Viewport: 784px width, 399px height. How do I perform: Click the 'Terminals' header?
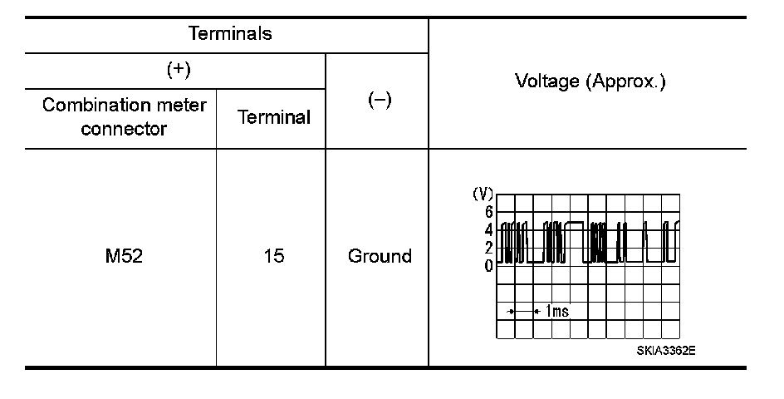pos(230,34)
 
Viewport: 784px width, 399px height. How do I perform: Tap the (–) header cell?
pos(379,101)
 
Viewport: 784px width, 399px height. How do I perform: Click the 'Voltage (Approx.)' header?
pos(590,82)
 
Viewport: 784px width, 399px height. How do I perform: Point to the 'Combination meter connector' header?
pos(125,117)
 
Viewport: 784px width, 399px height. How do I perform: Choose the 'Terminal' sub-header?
pos(274,117)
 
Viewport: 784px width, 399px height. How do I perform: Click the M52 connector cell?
pos(124,256)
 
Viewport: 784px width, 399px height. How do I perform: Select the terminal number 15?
pos(273,256)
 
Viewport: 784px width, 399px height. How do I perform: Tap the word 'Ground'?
pos(380,256)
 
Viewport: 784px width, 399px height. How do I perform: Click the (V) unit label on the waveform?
pos(483,194)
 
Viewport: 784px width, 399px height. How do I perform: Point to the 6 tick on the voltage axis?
pos(489,211)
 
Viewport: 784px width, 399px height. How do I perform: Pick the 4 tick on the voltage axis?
pos(489,229)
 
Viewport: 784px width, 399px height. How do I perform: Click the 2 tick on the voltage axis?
pos(489,248)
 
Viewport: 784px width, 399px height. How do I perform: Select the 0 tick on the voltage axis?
pos(489,265)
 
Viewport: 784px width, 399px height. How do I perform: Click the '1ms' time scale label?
pos(557,311)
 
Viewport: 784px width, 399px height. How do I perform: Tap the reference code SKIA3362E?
pos(666,350)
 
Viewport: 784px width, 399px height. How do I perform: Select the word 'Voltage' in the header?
pos(544,82)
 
